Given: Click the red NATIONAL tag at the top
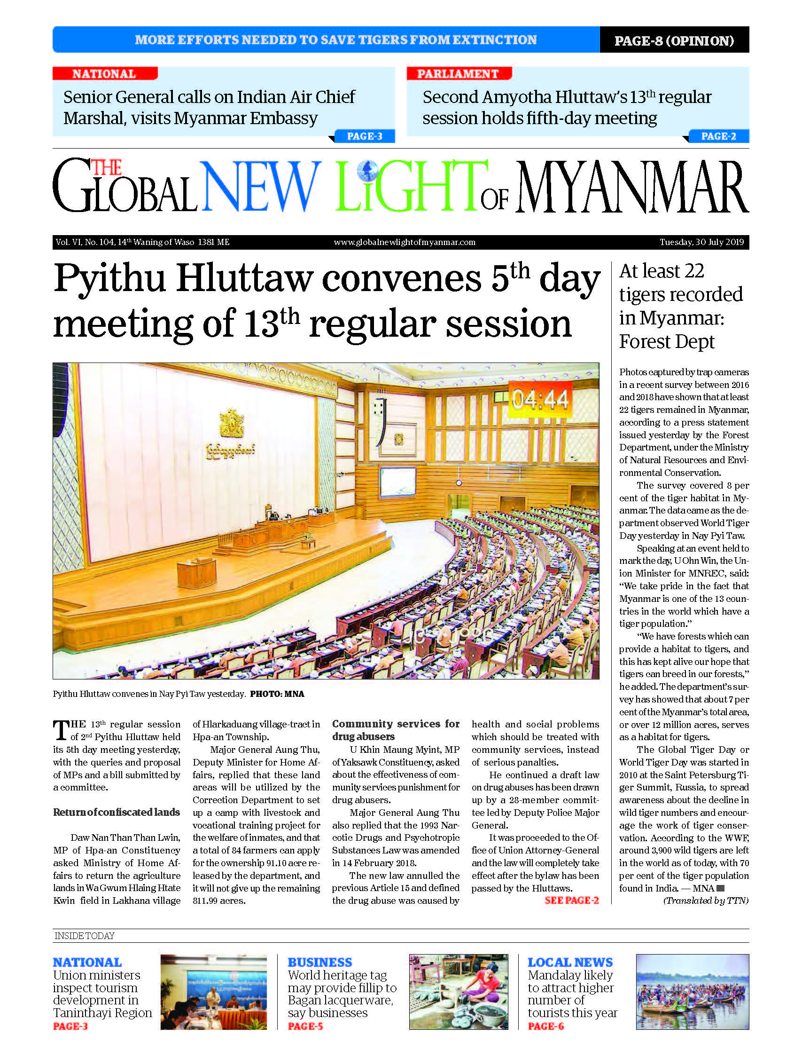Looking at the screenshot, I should tap(104, 74).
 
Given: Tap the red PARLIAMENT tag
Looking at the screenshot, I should tap(458, 74).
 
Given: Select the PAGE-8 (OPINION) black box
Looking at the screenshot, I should tap(674, 40).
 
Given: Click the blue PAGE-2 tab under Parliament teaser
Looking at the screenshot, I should tap(718, 136).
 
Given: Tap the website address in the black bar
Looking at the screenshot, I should tap(405, 242).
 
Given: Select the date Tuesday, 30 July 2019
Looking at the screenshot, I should tap(701, 242).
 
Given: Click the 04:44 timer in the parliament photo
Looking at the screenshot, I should tap(540, 399).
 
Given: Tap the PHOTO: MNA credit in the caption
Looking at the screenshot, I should tap(277, 694).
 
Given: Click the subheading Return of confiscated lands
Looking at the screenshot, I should tap(117, 812).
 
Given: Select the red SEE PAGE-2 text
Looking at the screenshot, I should tap(571, 900).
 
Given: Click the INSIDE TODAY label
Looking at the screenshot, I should tap(85, 936).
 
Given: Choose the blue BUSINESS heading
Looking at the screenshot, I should tap(320, 963).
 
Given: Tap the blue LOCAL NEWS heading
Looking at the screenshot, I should tap(570, 963).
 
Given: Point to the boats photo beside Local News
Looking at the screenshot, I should tap(692, 992).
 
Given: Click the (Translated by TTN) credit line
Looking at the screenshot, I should tap(706, 900).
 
